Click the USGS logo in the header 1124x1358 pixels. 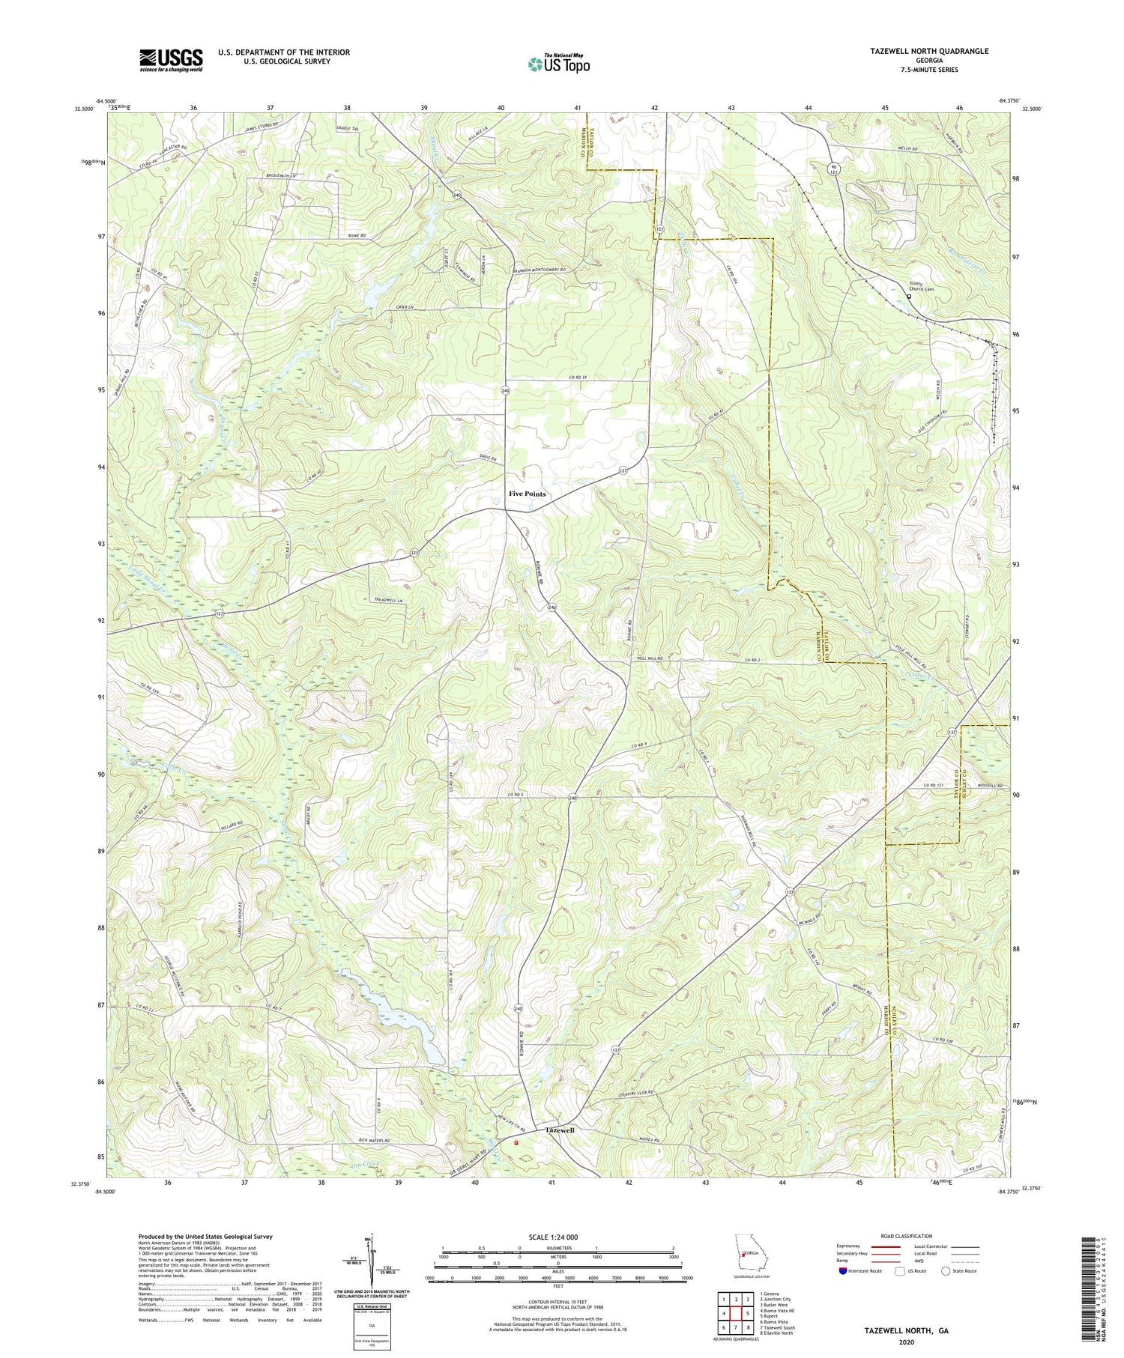[171, 60]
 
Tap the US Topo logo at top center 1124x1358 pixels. [558, 63]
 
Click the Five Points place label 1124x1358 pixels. [528, 494]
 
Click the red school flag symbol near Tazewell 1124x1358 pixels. [516, 1143]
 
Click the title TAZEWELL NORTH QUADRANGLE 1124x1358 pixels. [928, 51]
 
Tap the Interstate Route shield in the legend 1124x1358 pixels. [844, 1270]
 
